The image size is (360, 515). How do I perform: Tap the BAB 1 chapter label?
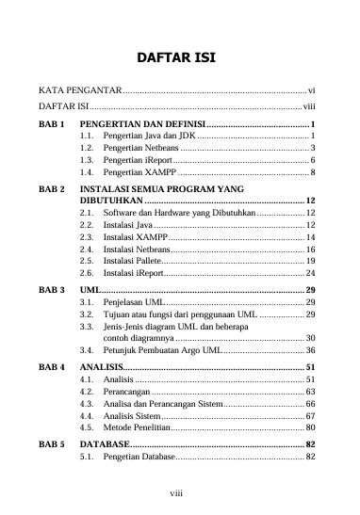click(x=51, y=124)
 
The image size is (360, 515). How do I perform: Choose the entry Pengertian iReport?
click(x=137, y=161)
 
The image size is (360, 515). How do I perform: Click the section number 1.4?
click(x=87, y=173)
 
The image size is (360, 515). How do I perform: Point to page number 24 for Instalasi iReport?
click(x=310, y=272)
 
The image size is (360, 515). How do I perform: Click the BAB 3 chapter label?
click(x=51, y=289)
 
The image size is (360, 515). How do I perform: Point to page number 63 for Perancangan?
click(x=310, y=390)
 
